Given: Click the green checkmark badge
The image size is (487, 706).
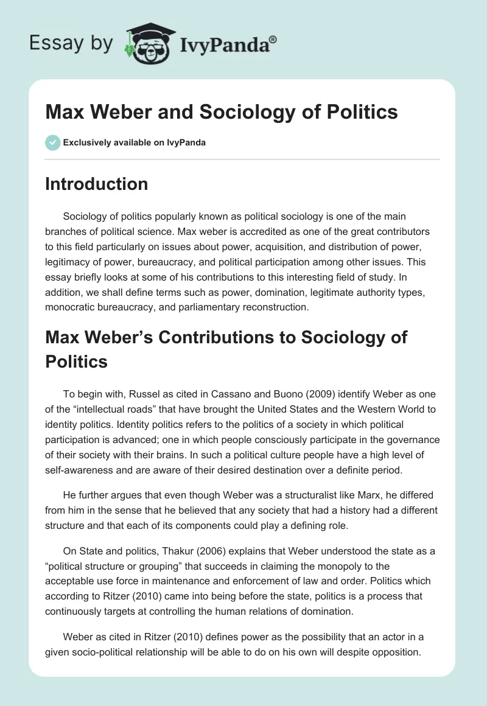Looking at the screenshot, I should pos(52,142).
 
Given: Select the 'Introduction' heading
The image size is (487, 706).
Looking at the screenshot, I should pos(96,184).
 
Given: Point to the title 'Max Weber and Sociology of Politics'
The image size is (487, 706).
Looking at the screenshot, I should pos(222,112).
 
